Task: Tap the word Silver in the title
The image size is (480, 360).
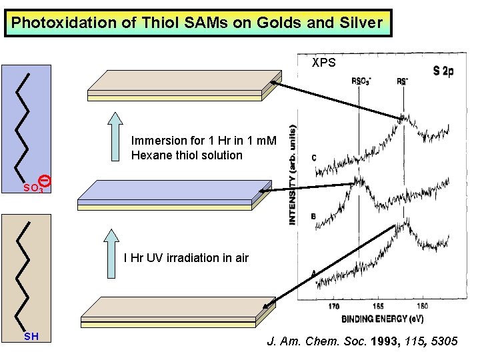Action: click(x=360, y=23)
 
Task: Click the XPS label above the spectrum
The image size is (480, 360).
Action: click(x=325, y=63)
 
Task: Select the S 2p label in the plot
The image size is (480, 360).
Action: click(x=443, y=71)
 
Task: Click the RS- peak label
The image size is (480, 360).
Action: click(x=403, y=81)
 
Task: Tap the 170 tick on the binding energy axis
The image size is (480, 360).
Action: click(x=334, y=307)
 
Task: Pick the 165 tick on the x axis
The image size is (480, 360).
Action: click(x=377, y=307)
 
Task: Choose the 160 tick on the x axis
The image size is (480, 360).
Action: click(x=422, y=307)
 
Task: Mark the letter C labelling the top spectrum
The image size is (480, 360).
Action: click(x=314, y=158)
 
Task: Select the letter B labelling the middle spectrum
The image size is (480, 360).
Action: click(x=313, y=216)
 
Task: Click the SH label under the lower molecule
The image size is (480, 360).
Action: click(x=31, y=337)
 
